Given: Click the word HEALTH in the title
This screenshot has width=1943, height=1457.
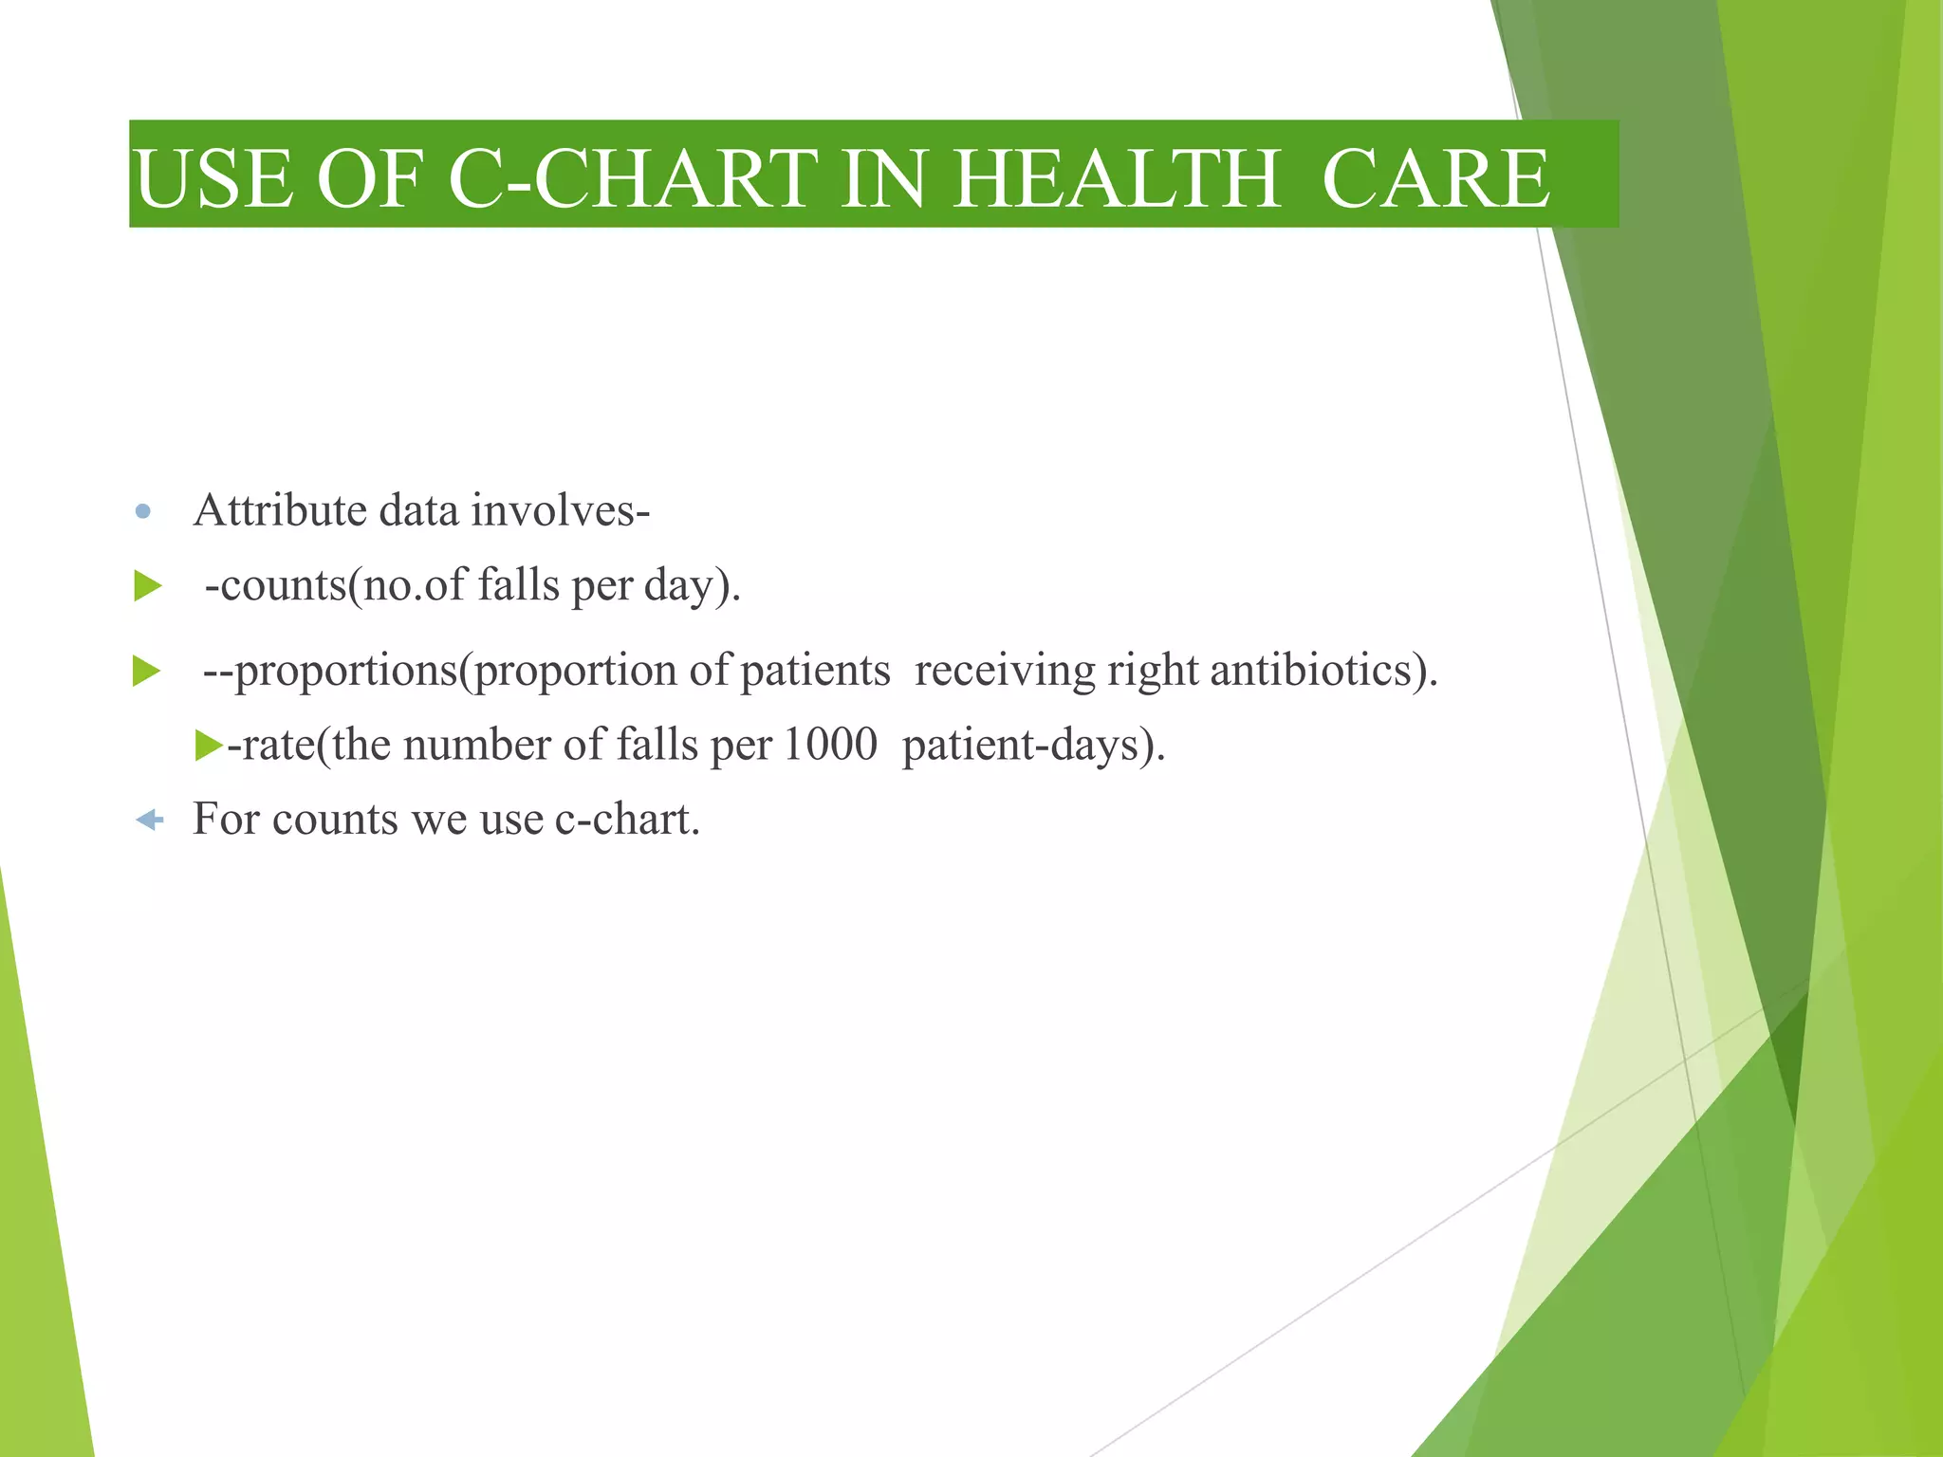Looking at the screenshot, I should [x=1116, y=178].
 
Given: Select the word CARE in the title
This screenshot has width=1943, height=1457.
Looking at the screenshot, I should [x=1435, y=178].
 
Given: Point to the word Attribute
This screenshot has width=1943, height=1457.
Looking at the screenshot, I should [x=280, y=510].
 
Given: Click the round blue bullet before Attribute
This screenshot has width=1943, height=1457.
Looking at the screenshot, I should [x=143, y=512].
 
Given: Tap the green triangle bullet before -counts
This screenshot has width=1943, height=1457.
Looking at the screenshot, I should [x=148, y=585].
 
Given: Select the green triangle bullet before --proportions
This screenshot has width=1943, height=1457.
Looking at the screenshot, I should [x=147, y=672].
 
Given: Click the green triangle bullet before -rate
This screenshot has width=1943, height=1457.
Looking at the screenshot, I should [x=208, y=746].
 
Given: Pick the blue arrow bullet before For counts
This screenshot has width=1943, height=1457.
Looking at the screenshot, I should [x=149, y=820].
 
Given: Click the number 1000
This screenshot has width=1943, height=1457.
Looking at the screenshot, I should [x=830, y=745].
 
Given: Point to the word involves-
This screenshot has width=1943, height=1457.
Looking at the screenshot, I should [x=561, y=510].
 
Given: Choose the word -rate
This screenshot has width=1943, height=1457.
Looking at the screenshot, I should [x=270, y=746].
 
